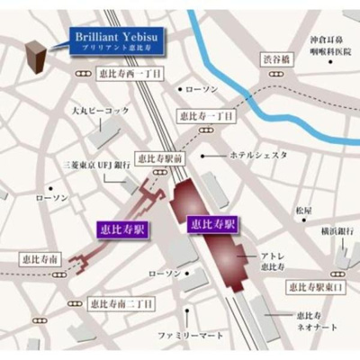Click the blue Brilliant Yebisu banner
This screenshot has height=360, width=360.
click(x=116, y=41)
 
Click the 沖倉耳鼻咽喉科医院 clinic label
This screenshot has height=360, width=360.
click(x=328, y=46)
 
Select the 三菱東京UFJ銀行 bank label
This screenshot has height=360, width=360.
click(x=94, y=166)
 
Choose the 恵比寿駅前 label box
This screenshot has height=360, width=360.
click(x=159, y=157)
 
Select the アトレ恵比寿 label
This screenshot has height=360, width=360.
click(x=273, y=258)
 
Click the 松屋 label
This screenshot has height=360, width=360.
click(x=303, y=211)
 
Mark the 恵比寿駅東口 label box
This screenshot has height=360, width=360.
click(x=318, y=287)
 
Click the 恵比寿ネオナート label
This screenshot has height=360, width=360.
click(x=314, y=323)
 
